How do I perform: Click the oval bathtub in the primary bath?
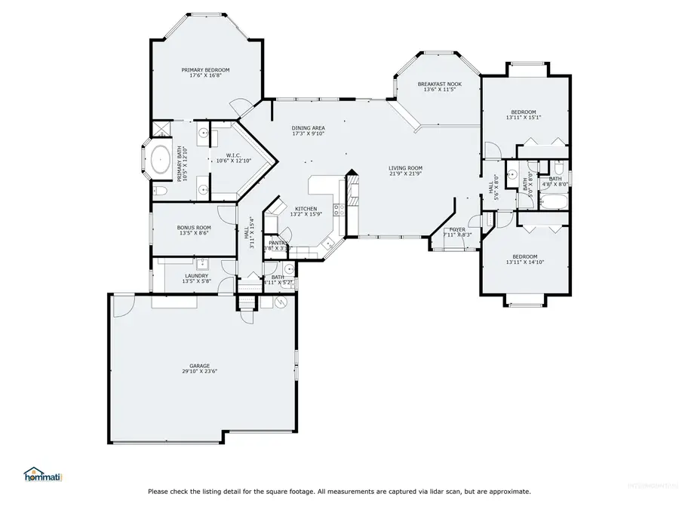click(160, 160)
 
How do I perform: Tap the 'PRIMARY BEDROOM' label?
click(205, 69)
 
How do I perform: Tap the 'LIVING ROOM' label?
click(405, 168)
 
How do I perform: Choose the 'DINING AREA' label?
click(308, 128)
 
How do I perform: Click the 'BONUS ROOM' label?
click(194, 227)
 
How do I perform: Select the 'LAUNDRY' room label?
click(196, 276)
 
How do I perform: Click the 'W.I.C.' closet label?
click(233, 155)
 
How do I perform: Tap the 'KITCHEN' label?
click(306, 209)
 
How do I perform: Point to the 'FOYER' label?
click(458, 229)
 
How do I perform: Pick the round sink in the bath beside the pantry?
click(290, 268)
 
